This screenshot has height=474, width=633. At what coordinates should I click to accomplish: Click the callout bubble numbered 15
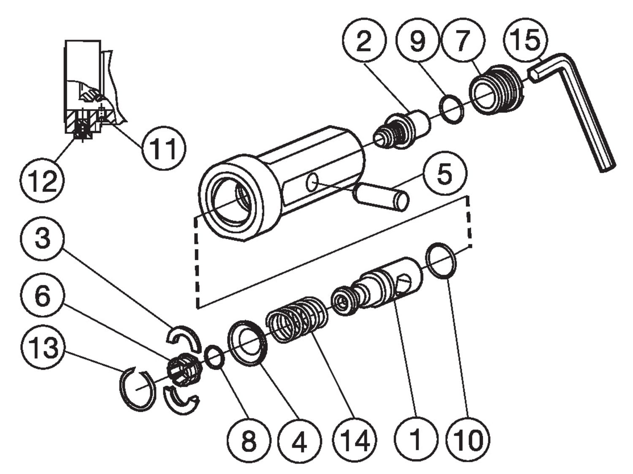pos(526,40)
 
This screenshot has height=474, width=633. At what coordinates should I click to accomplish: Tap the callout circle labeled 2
pos(364,41)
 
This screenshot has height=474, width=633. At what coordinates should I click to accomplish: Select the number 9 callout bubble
pos(417,41)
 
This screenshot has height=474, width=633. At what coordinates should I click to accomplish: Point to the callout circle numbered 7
pos(463,41)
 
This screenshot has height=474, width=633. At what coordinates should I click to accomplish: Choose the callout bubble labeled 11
pos(163,149)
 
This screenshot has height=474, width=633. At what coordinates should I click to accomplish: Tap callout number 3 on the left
pos(42,239)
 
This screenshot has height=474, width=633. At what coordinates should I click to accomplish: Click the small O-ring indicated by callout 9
pos(451,109)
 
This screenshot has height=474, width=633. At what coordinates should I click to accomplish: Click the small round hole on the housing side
pos(313,183)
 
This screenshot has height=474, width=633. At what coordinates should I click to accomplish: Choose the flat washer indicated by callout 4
pos(248,342)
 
